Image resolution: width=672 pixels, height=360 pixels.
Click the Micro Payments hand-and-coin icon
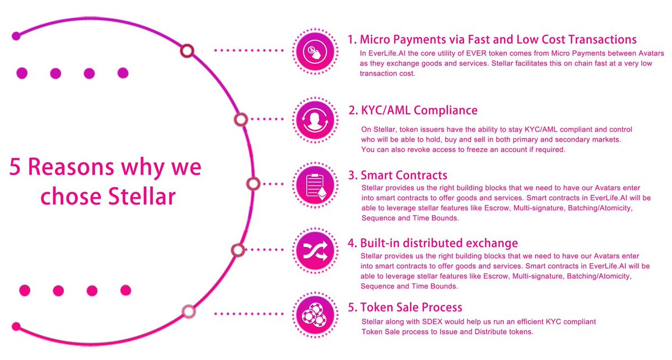click(x=315, y=52)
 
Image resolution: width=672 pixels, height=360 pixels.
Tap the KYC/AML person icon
click(x=315, y=120)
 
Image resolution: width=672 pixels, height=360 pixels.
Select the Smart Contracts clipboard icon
click(x=315, y=185)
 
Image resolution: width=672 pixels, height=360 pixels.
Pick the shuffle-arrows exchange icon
click(x=315, y=251)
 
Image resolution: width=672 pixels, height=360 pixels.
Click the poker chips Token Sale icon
click(x=315, y=315)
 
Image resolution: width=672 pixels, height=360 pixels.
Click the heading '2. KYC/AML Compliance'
click(x=413, y=110)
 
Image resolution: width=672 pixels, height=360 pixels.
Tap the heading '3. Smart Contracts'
click(x=398, y=175)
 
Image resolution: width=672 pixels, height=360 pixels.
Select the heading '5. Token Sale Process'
click(x=405, y=307)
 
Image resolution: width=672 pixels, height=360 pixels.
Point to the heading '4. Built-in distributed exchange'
click(x=433, y=243)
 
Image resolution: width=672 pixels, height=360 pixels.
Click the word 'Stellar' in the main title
click(x=142, y=197)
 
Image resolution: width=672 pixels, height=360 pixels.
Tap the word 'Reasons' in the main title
click(x=71, y=167)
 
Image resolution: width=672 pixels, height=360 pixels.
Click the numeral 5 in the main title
click(x=15, y=167)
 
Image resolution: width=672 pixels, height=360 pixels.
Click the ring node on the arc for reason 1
click(x=187, y=51)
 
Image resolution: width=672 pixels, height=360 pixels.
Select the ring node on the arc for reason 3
click(x=254, y=184)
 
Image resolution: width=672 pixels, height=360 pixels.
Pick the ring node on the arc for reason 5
click(x=189, y=311)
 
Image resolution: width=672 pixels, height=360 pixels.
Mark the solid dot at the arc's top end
click(x=16, y=36)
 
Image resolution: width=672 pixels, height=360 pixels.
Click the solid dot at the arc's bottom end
click(x=16, y=326)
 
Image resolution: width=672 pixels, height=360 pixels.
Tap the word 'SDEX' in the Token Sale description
click(x=432, y=321)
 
